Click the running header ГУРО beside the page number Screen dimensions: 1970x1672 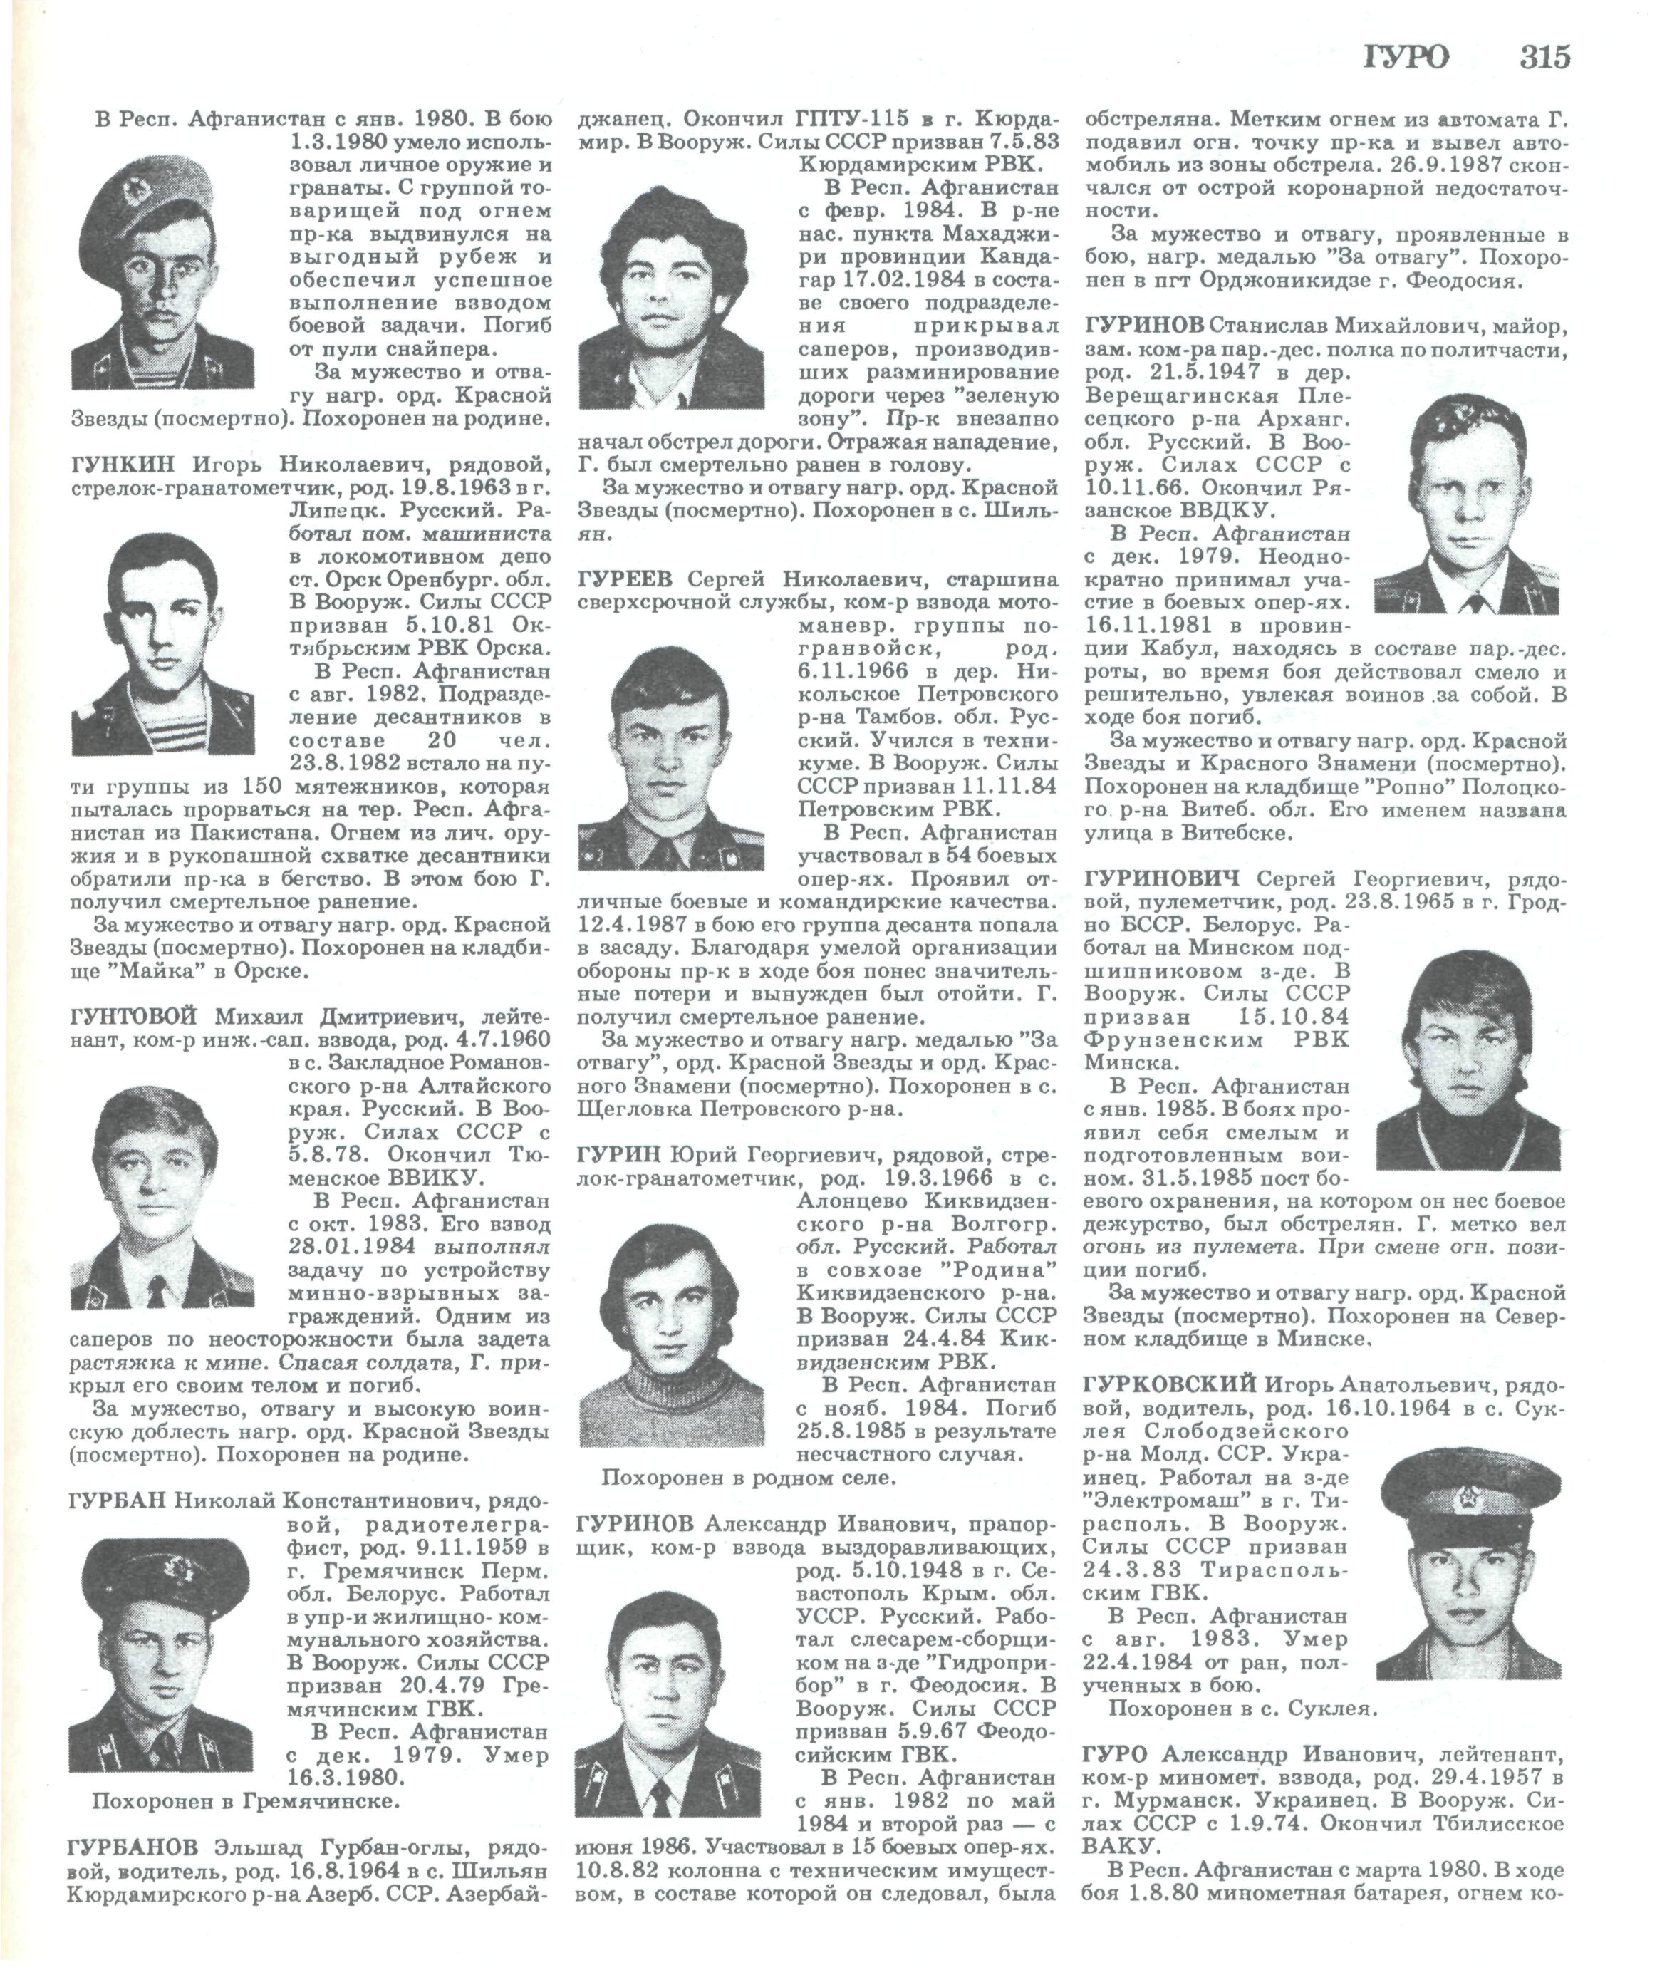(x=1406, y=58)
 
